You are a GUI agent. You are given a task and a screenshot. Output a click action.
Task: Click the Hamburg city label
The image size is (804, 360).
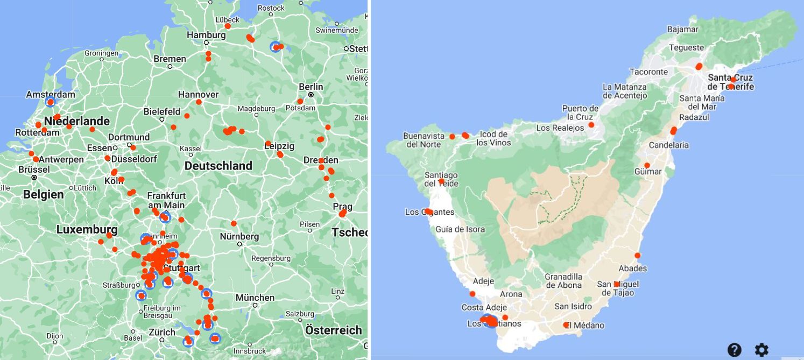206,35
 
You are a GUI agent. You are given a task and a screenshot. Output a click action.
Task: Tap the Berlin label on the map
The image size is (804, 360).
311,87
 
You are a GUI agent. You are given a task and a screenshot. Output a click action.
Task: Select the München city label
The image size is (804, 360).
255,298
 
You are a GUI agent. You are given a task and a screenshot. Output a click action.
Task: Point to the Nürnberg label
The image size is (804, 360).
239,236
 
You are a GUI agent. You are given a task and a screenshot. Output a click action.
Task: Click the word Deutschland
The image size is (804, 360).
218,166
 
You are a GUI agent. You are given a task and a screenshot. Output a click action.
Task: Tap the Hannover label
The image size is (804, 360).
198,94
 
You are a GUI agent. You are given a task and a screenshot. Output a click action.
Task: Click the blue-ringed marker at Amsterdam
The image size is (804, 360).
50,102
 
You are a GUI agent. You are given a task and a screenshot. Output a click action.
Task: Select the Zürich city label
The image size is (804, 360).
162,332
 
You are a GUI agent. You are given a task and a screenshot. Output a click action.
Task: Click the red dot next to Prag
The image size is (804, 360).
342,214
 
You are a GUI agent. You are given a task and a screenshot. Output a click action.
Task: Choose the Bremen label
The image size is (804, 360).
170,59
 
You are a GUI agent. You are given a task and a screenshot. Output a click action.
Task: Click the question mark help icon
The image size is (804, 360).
735,350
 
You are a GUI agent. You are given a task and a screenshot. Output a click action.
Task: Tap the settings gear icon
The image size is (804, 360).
761,350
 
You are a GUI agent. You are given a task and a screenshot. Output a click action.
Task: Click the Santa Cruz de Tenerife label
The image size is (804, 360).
730,82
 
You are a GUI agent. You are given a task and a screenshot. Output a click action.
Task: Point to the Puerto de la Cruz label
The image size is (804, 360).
580,112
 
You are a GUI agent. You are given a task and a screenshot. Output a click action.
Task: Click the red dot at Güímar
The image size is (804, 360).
647,165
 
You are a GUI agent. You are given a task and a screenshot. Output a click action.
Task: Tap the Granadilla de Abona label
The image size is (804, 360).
563,281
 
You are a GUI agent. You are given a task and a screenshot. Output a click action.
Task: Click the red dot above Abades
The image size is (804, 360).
638,256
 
